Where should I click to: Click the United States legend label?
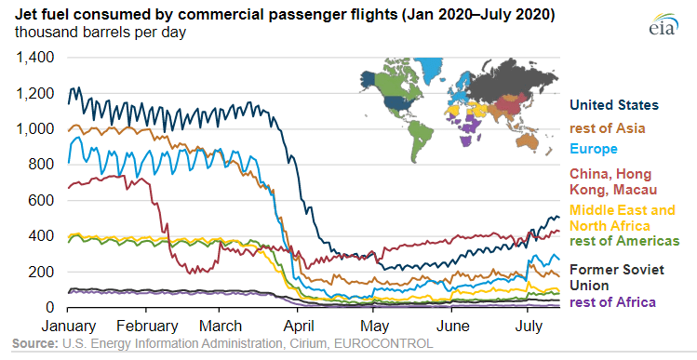(x=614, y=105)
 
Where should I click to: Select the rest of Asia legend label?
(x=608, y=128)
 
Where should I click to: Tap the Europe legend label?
(x=594, y=149)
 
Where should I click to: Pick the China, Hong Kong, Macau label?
(x=613, y=181)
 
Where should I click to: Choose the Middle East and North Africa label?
(x=623, y=218)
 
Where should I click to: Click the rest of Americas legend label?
(x=624, y=241)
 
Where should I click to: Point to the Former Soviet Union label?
(x=617, y=277)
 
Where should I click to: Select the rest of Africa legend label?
(x=612, y=302)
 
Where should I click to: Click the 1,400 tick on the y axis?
(x=34, y=58)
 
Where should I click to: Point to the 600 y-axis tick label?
(x=42, y=200)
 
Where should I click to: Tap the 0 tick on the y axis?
(x=50, y=308)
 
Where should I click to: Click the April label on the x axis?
(x=298, y=327)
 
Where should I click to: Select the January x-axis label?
(x=69, y=327)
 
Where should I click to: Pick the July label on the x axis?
(x=529, y=327)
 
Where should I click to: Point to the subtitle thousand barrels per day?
(x=101, y=33)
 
